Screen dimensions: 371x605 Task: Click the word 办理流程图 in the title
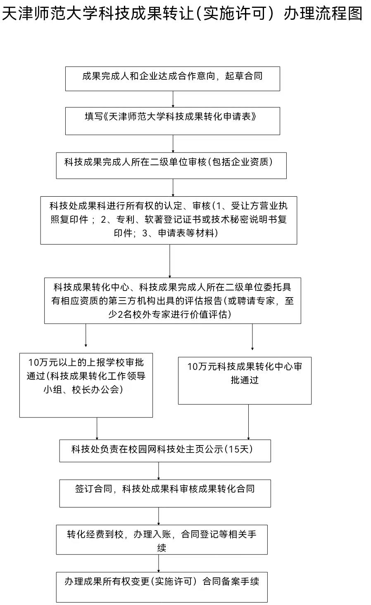(x=323, y=13)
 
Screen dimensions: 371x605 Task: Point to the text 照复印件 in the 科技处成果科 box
(x=69, y=219)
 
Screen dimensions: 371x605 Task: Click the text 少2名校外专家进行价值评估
(x=169, y=314)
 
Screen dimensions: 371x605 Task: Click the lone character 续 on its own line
(x=162, y=548)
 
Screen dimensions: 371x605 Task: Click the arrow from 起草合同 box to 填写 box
(x=173, y=99)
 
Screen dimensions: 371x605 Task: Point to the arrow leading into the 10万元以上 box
(x=86, y=335)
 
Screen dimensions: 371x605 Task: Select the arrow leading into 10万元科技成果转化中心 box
(x=252, y=337)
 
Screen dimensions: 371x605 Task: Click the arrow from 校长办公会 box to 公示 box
(x=97, y=429)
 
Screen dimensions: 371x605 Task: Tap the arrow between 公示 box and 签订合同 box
(x=159, y=471)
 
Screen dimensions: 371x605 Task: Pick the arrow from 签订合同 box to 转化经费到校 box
(x=159, y=516)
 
